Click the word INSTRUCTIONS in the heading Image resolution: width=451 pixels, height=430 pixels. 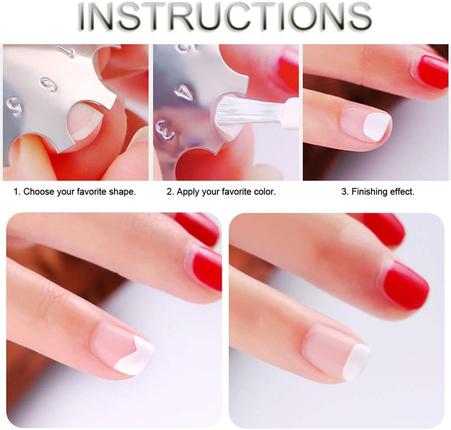click(225, 17)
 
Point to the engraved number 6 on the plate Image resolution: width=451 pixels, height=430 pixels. click(48, 86)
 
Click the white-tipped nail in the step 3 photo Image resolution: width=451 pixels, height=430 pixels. click(366, 124)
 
